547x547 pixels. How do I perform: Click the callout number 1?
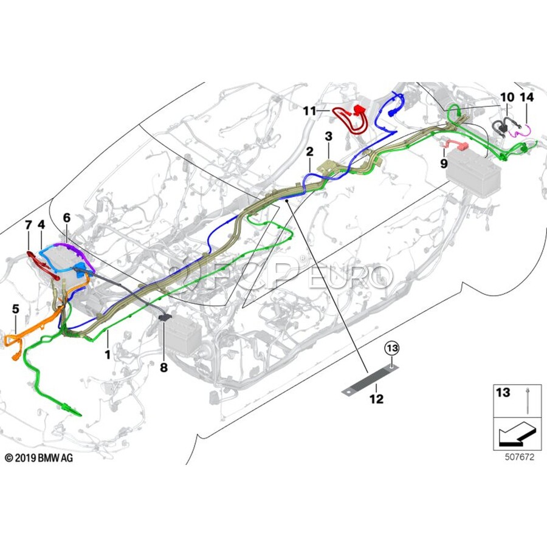pyautogui.click(x=108, y=355)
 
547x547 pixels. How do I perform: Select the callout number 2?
pyautogui.click(x=310, y=151)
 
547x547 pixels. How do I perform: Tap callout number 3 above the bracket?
pyautogui.click(x=329, y=136)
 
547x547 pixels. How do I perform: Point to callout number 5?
pyautogui.click(x=16, y=309)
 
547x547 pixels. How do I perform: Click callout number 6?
pyautogui.click(x=67, y=218)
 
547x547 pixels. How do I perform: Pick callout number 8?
pyautogui.click(x=163, y=367)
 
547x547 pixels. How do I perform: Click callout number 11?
pyautogui.click(x=309, y=111)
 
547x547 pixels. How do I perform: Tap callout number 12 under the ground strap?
pyautogui.click(x=376, y=398)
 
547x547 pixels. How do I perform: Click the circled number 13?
pyautogui.click(x=392, y=348)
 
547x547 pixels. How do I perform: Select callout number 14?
pyautogui.click(x=527, y=97)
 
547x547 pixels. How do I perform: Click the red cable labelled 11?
pyautogui.click(x=351, y=120)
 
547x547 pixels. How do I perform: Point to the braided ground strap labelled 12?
pyautogui.click(x=370, y=379)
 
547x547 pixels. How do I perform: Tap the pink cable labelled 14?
pyautogui.click(x=520, y=131)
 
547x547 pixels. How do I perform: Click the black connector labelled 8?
pyautogui.click(x=165, y=317)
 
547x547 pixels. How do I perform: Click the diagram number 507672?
pyautogui.click(x=520, y=457)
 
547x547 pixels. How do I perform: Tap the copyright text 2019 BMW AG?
pyautogui.click(x=39, y=458)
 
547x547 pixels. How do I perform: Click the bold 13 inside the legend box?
pyautogui.click(x=503, y=393)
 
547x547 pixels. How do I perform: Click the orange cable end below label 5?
pyautogui.click(x=16, y=357)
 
